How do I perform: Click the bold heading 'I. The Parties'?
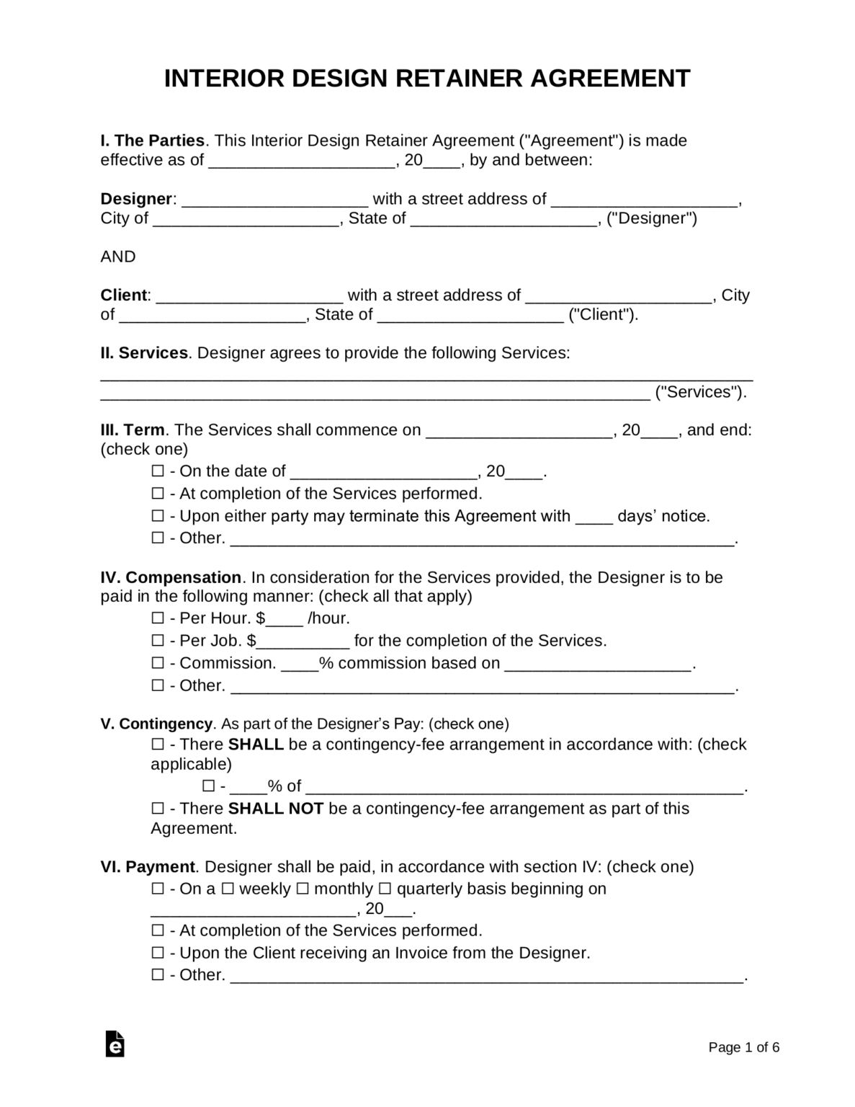point(152,141)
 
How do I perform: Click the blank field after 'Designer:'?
point(274,200)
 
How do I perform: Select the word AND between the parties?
point(118,257)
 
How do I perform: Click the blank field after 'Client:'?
point(249,295)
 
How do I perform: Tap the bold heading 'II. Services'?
point(144,353)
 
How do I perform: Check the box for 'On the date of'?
point(158,471)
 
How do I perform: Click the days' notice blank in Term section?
point(594,517)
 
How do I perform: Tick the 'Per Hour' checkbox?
point(158,618)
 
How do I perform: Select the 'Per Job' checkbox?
point(158,641)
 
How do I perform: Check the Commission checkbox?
point(158,663)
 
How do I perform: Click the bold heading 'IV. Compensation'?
point(171,577)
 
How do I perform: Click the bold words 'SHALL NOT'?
point(276,809)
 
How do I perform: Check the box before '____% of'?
point(208,786)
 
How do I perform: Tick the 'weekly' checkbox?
point(228,889)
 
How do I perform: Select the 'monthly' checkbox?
point(303,889)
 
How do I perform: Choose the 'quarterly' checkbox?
point(385,889)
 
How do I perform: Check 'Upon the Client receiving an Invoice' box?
point(158,953)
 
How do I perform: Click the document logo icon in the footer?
point(115,1044)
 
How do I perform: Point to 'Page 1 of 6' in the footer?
point(743,1047)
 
